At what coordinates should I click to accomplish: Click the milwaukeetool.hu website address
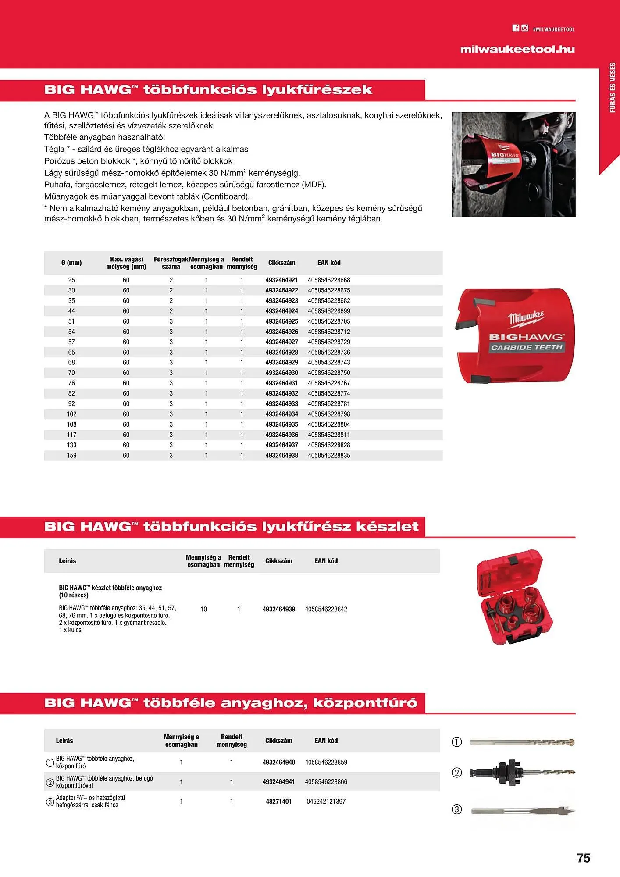click(x=517, y=49)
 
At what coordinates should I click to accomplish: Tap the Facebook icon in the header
click(x=516, y=28)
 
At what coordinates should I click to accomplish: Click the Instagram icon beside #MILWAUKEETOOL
click(x=525, y=28)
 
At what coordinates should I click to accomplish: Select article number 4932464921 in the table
click(x=281, y=280)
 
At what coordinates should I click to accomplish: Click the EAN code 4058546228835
click(x=329, y=455)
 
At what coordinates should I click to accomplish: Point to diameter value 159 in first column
click(x=71, y=455)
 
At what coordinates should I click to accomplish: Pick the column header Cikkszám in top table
click(x=281, y=263)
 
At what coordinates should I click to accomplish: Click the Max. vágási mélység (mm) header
click(x=126, y=263)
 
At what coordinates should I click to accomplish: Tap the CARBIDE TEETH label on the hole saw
click(x=526, y=347)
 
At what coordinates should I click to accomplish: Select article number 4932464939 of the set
click(x=279, y=609)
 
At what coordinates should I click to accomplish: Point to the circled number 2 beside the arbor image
click(x=456, y=773)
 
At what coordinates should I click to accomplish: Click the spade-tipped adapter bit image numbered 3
click(x=522, y=811)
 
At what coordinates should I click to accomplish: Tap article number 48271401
click(x=278, y=801)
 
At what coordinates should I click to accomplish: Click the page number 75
click(x=583, y=858)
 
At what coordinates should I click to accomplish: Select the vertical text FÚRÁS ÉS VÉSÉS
click(x=613, y=88)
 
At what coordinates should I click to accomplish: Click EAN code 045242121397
click(x=326, y=801)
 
